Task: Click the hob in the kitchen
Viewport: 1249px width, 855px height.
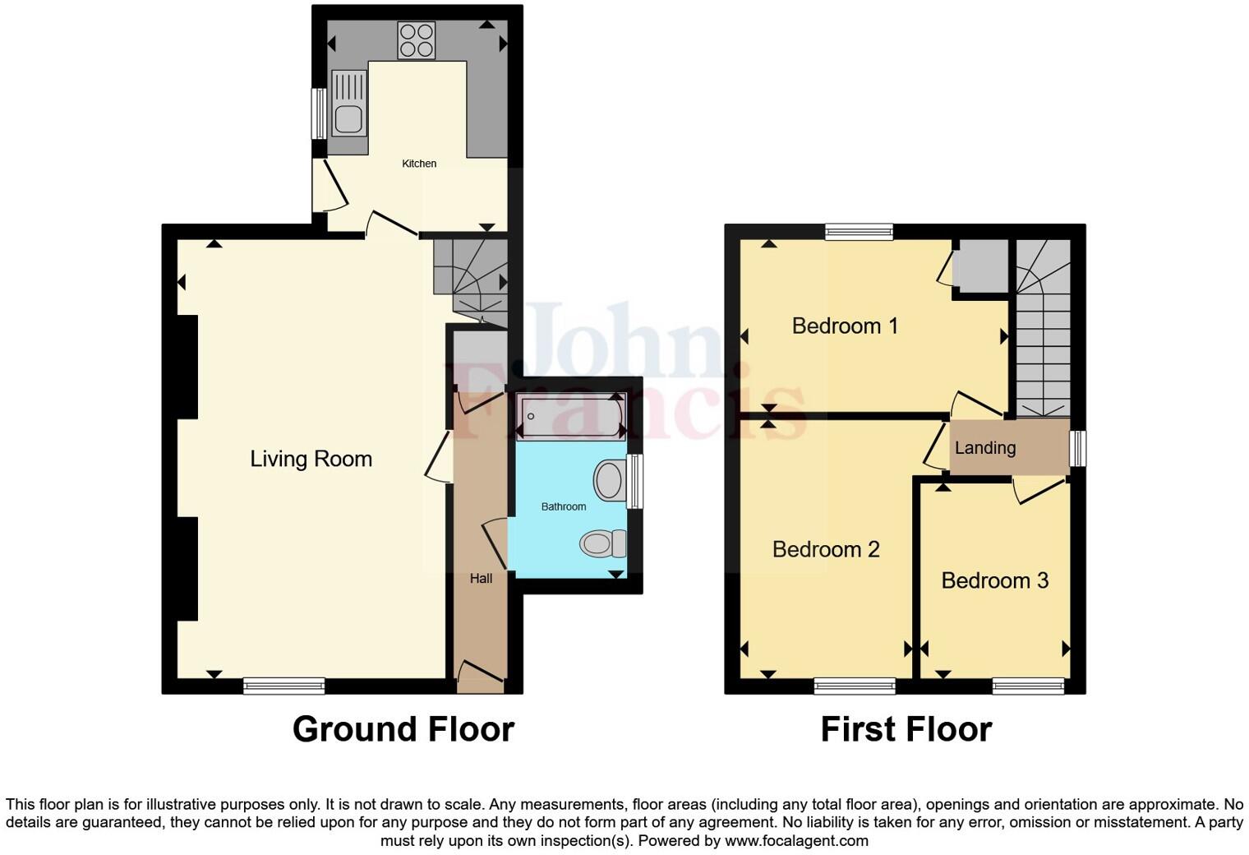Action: [417, 40]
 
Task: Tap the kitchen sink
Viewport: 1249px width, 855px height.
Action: [348, 103]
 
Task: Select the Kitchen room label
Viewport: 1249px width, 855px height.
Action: [419, 164]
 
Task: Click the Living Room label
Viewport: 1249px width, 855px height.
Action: [311, 459]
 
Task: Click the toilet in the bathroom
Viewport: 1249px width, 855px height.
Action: [604, 543]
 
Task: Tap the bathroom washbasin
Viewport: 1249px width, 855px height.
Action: [609, 480]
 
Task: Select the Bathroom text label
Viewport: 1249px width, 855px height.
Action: [564, 506]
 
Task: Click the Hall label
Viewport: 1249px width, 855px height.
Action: [481, 579]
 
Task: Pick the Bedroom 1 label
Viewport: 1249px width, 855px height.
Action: [845, 326]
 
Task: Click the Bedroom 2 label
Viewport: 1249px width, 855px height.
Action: [826, 549]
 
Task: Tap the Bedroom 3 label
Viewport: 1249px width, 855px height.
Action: [994, 580]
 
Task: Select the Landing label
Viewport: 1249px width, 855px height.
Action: [984, 448]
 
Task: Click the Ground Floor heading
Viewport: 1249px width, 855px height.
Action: [403, 729]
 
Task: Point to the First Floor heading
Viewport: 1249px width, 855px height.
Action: [906, 729]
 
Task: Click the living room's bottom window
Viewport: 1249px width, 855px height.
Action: [283, 686]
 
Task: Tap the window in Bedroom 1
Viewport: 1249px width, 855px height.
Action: [859, 232]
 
